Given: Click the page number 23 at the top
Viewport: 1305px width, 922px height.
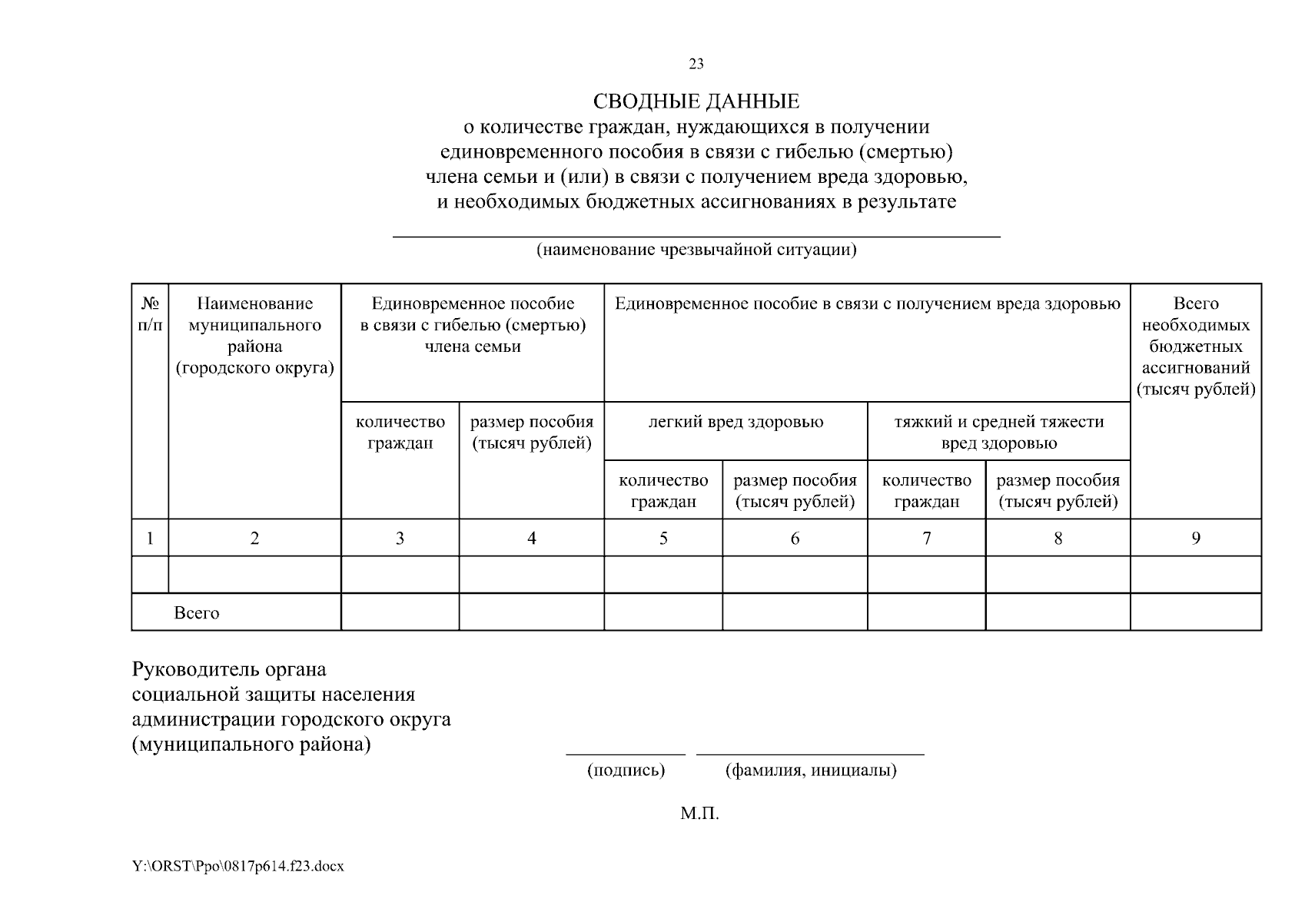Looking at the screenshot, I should [696, 64].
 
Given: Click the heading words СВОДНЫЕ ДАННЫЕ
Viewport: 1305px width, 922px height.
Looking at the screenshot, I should [696, 101].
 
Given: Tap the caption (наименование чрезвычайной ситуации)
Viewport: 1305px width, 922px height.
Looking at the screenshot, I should [696, 250].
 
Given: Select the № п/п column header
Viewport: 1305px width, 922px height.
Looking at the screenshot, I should [150, 314].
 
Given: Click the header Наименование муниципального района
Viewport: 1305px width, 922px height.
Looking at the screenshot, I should [254, 336].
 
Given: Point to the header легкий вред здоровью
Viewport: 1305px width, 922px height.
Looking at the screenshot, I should [736, 422].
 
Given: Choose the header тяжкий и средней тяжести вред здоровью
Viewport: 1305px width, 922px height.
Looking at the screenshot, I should [998, 433].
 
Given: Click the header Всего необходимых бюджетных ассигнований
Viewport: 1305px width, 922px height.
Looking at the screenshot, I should [1195, 347].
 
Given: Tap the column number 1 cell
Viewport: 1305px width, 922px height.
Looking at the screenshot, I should [150, 539].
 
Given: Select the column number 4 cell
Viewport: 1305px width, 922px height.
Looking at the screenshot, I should [531, 539].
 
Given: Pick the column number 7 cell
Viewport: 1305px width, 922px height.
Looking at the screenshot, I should [926, 539].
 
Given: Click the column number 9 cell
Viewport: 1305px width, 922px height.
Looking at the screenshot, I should [1195, 539].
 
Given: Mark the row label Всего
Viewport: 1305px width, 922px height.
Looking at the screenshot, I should [197, 613].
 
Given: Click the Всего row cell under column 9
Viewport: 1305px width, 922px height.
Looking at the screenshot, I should [1195, 612].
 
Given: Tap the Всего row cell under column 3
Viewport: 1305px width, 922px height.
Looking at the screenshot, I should [400, 612].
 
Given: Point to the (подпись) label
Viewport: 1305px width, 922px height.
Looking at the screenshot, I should [626, 770].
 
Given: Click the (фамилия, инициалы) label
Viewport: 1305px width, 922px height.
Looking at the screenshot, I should [811, 770].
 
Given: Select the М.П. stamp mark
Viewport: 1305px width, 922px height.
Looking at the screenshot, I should [699, 814].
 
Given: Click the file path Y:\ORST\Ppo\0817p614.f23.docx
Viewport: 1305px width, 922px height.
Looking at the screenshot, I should [238, 866].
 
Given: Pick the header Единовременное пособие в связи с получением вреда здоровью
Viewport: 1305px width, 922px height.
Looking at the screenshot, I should [867, 304].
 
